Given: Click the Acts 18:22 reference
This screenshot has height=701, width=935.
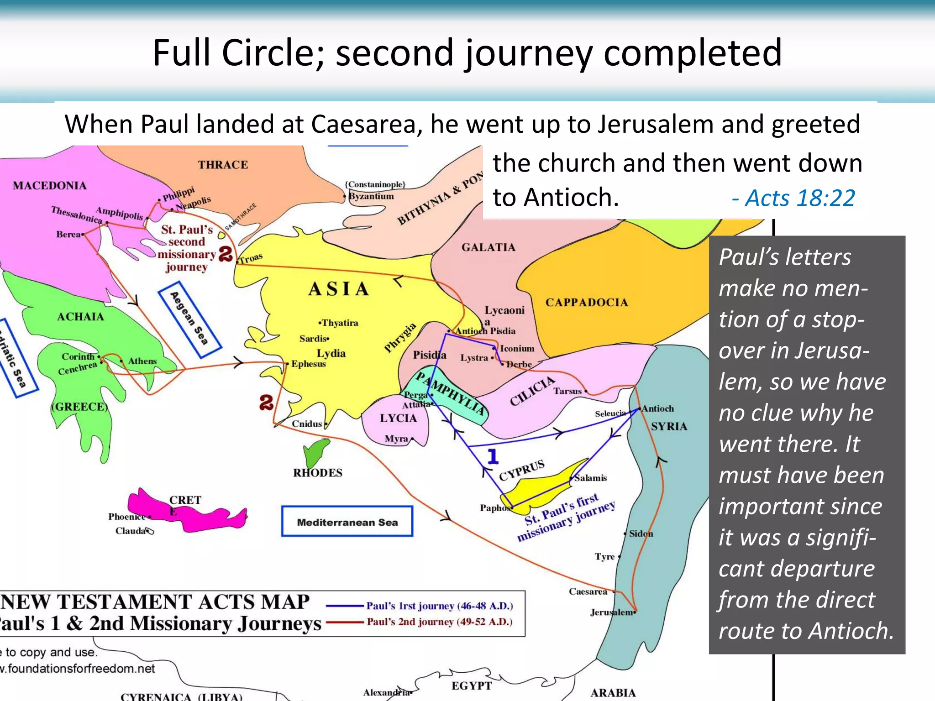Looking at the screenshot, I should click(x=793, y=198).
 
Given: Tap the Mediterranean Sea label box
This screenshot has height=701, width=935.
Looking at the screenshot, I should click(x=347, y=521).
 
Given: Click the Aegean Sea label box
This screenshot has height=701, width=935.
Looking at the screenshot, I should click(x=189, y=319).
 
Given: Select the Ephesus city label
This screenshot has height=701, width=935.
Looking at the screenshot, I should click(x=309, y=364).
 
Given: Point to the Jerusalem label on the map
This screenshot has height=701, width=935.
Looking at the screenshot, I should click(x=612, y=612).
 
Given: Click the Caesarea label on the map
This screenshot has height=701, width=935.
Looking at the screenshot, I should click(x=588, y=591).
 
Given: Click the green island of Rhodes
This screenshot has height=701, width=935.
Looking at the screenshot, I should click(x=316, y=452).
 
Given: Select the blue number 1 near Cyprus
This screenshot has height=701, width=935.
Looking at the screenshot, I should click(x=492, y=456).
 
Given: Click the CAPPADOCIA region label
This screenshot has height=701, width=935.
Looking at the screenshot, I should click(x=587, y=302).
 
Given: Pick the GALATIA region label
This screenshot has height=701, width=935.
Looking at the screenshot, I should click(x=488, y=247).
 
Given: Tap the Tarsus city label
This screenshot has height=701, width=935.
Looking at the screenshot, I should click(x=567, y=391).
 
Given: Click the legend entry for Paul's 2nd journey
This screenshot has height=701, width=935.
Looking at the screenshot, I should click(x=439, y=622).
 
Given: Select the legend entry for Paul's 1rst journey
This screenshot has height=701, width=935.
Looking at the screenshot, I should click(x=439, y=606).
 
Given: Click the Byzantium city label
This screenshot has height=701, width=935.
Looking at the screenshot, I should click(x=371, y=196).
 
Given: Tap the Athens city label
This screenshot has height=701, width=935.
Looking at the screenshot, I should click(x=142, y=361).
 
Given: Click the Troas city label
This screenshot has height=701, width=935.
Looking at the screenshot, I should click(x=251, y=258).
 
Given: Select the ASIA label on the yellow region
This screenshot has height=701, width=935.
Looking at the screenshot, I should click(x=338, y=289).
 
